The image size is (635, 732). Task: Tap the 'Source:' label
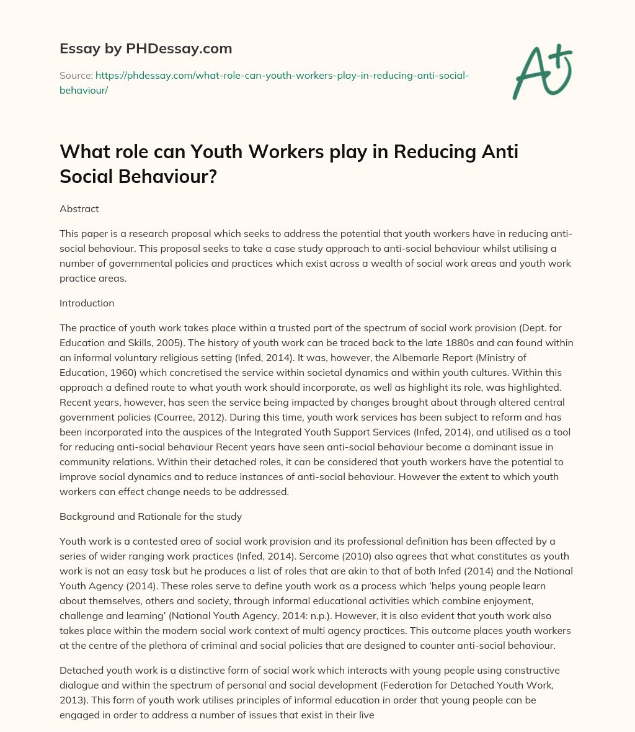[x=76, y=75]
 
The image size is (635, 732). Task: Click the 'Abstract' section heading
[x=79, y=208]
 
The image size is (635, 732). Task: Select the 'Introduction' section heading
[x=87, y=303]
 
